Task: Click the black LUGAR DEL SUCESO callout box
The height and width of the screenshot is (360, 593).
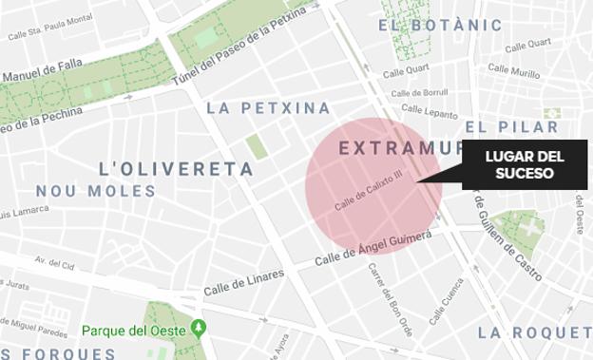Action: [x=525, y=164]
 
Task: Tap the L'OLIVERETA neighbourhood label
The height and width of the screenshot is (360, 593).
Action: [x=177, y=169]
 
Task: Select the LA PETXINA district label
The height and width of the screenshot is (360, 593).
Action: [x=268, y=107]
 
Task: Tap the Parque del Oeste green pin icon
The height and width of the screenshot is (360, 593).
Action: [x=199, y=329]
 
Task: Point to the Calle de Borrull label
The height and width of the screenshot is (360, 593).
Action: [x=421, y=92]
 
